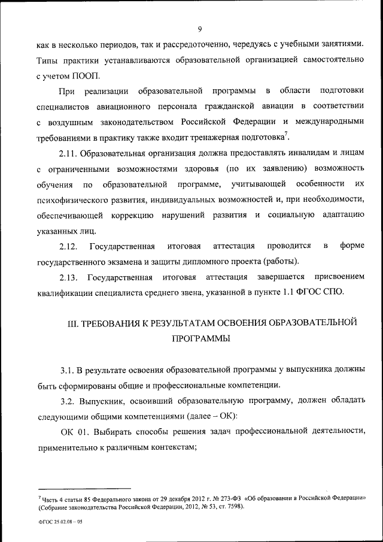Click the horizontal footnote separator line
[x=84, y=488]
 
